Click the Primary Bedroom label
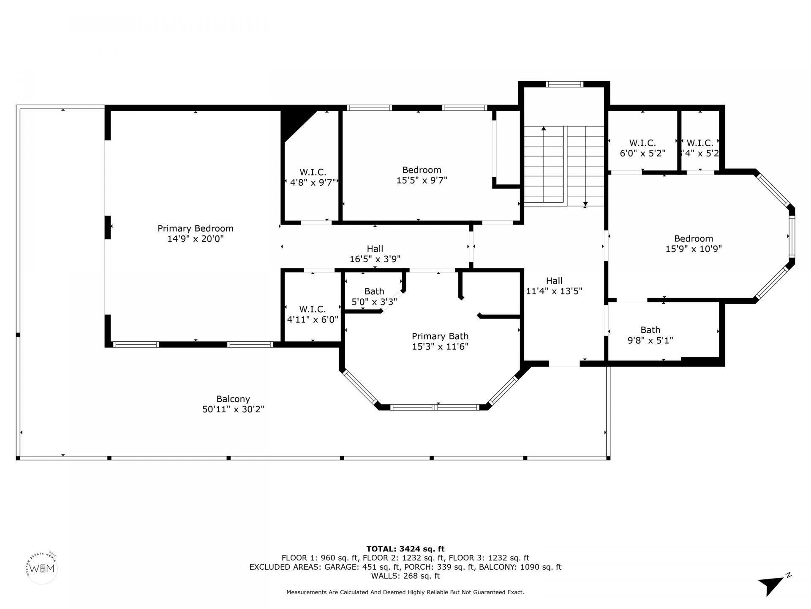tap(195, 229)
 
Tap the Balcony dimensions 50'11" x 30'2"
tap(233, 409)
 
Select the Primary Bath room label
tap(440, 337)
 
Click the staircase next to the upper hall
tap(564, 166)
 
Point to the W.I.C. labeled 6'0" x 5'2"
tap(642, 148)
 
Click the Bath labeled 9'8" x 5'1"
tap(650, 335)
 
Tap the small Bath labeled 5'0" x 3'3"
tap(374, 296)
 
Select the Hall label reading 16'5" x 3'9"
tap(375, 254)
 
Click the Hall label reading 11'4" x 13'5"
tap(554, 286)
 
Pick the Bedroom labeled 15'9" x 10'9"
tap(693, 244)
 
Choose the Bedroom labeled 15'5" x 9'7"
tap(422, 175)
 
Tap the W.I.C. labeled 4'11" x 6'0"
tap(313, 314)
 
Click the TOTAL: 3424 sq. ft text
tap(405, 549)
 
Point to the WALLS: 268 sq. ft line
tap(405, 576)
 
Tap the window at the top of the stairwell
tap(564, 84)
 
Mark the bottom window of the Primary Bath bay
tap(435, 407)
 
